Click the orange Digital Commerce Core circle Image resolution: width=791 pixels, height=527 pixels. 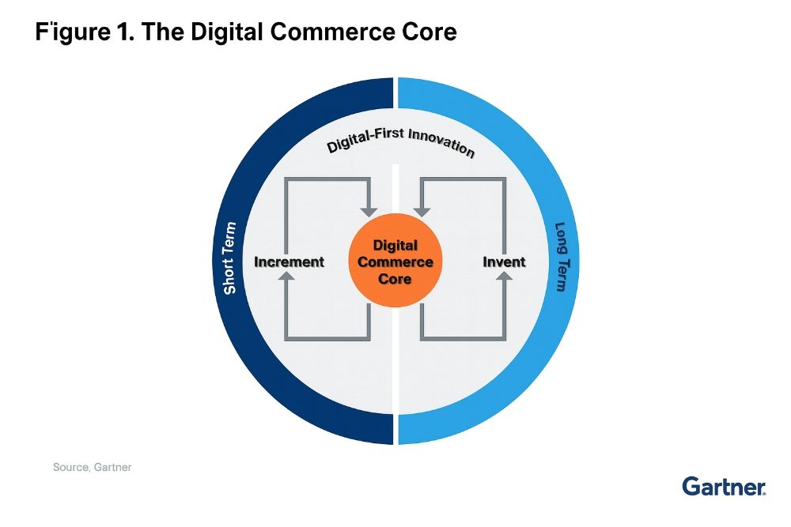coord(395,262)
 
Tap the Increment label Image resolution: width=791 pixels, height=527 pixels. coord(289,262)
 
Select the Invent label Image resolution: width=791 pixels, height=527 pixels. coord(504,262)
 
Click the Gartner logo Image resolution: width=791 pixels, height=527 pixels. coord(724,487)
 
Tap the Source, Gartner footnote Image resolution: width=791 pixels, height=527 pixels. coord(92,467)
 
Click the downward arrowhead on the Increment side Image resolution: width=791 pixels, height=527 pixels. coord(369,211)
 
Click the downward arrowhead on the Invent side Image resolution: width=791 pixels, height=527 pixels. coord(422,211)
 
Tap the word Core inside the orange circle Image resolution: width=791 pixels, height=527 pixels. coord(395,279)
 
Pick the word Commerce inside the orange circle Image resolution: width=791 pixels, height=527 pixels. coord(395,262)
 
